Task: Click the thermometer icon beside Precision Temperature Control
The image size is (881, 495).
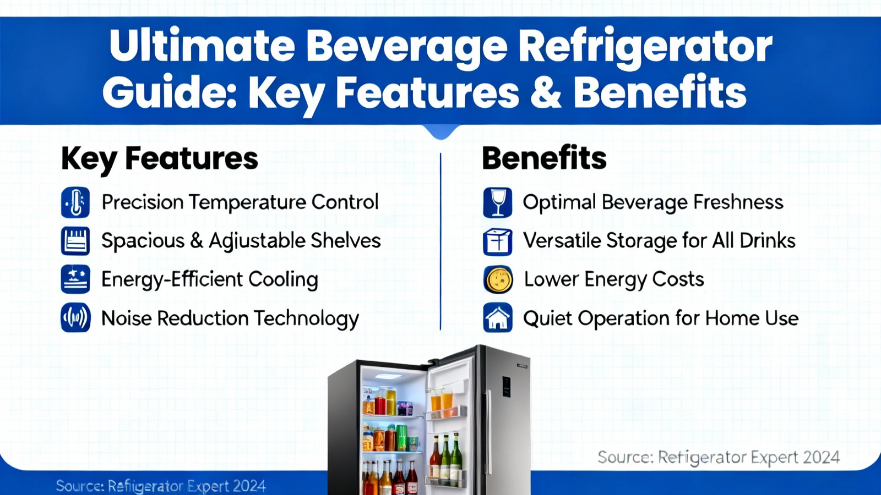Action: pos(75,203)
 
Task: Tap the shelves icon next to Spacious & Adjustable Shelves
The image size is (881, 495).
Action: pos(75,241)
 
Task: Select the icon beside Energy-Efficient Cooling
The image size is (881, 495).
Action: pos(75,279)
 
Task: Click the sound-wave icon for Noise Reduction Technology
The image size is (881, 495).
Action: pos(75,317)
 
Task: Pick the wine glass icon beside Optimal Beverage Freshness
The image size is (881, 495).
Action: pos(498,203)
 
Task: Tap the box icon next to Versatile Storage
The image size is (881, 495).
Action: pos(498,241)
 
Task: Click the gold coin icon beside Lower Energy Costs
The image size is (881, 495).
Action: pos(498,280)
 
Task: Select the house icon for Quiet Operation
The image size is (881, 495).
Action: pos(498,317)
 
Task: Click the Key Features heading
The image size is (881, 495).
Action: pos(160,159)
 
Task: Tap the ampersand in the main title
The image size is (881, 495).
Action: pos(546,93)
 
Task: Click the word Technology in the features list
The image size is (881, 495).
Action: pos(306,319)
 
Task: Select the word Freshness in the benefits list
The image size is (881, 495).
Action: pos(738,202)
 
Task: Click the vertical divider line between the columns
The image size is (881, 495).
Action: pos(440,241)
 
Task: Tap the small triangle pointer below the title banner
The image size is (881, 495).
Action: pos(440,131)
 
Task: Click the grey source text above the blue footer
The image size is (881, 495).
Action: pos(719,458)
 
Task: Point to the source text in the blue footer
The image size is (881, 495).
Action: pos(161,486)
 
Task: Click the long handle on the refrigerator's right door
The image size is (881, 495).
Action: pos(489,432)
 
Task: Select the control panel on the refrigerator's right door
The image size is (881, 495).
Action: pos(506,387)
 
